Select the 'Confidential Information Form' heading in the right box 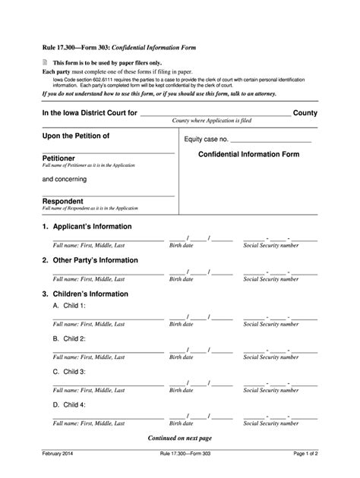tap(248, 154)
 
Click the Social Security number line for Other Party tap(280, 273)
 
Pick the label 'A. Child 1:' tap(69, 305)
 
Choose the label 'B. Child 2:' tap(69, 338)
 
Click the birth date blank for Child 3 tap(201, 384)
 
